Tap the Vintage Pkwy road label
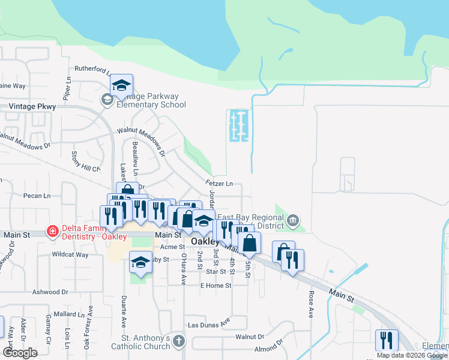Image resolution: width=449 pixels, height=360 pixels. [x=32, y=106]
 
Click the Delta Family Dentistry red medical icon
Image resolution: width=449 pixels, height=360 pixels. [x=53, y=232]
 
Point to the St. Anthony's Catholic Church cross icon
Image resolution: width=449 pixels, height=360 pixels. [x=178, y=341]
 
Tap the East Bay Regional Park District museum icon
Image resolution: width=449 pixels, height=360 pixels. [x=292, y=220]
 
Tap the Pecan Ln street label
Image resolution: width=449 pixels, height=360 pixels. [x=37, y=196]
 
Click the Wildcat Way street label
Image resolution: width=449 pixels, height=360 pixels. [x=70, y=254]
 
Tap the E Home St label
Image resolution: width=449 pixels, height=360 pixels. [x=216, y=286]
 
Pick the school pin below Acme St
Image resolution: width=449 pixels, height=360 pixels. [x=140, y=262]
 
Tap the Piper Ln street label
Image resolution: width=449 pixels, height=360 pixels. [x=67, y=88]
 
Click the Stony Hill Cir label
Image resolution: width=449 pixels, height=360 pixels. [x=85, y=161]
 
